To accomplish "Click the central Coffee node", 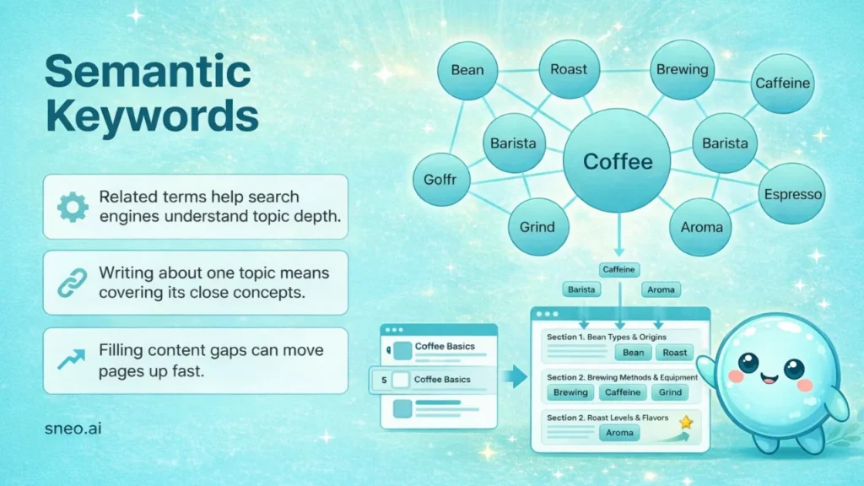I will [x=618, y=160].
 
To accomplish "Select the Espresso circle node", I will [x=791, y=194].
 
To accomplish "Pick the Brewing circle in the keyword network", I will [x=682, y=70].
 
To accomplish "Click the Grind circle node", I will [x=537, y=227].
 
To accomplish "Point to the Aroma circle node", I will [x=701, y=227].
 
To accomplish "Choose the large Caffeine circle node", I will [x=782, y=84].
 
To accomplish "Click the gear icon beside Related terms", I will [x=73, y=207].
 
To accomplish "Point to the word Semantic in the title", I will [x=148, y=73].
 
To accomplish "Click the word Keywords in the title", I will [x=152, y=117].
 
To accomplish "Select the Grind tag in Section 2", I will [x=671, y=392].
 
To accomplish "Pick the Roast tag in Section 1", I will [x=674, y=353].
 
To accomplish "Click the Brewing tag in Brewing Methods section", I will [x=571, y=392].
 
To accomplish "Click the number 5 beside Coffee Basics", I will [x=385, y=380].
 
